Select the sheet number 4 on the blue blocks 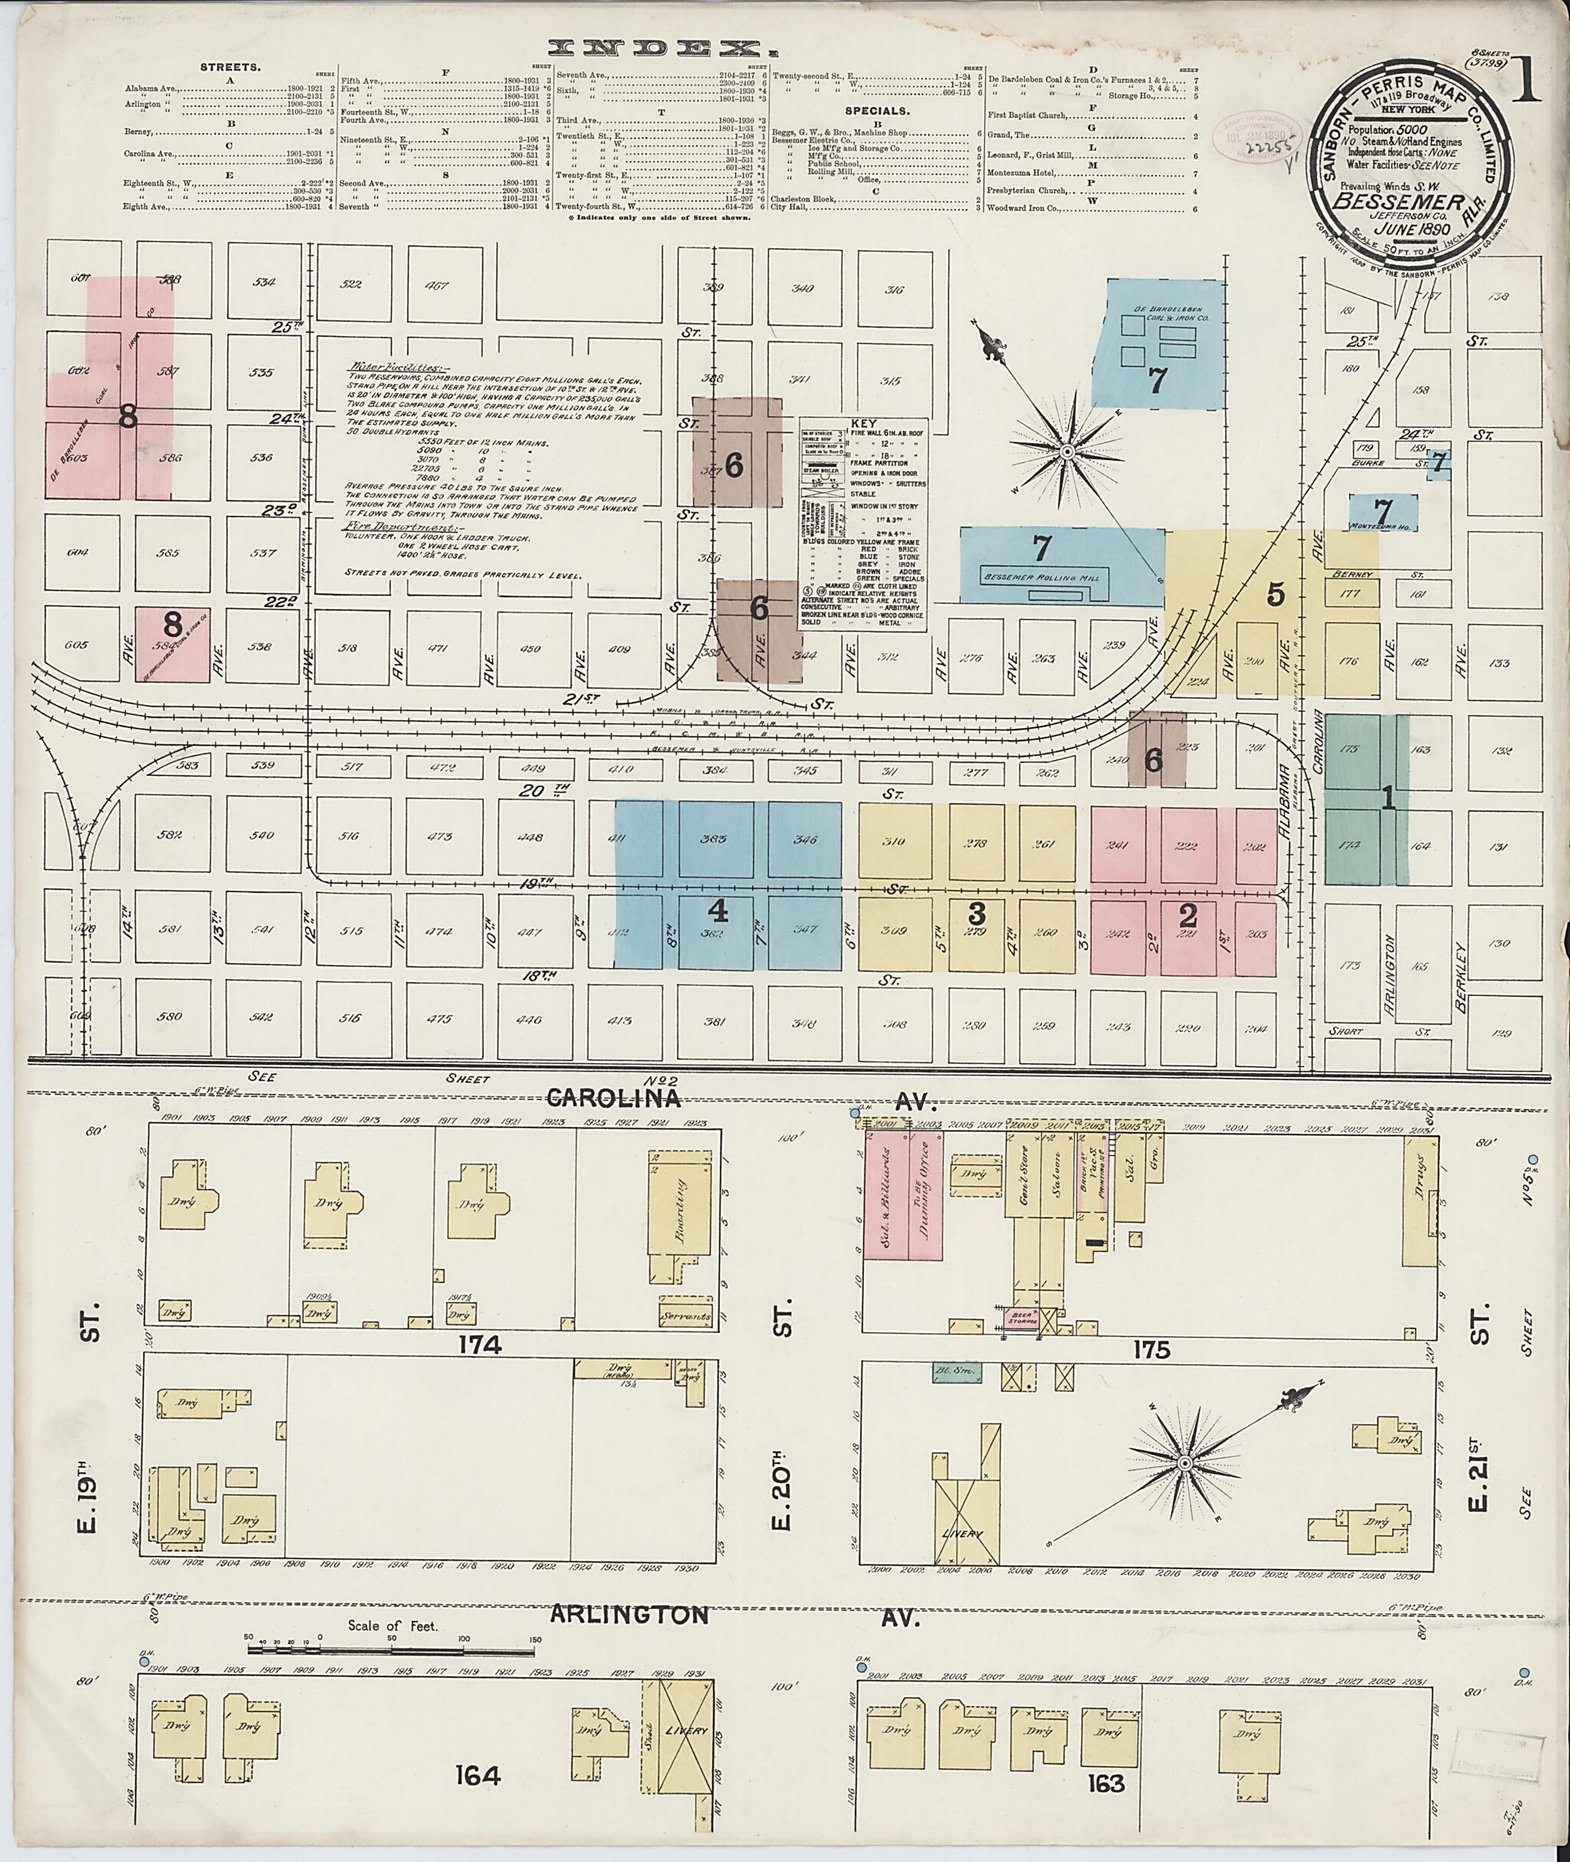click(718, 912)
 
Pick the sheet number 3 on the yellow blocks click(977, 912)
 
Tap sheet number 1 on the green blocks click(1387, 800)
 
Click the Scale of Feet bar click(392, 1649)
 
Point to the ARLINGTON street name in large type click(629, 1614)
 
